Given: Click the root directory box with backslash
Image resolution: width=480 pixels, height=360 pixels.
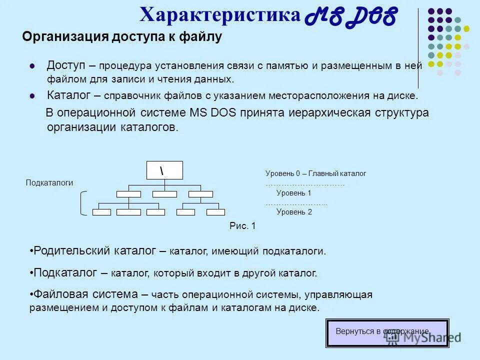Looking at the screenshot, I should pyautogui.click(x=164, y=170).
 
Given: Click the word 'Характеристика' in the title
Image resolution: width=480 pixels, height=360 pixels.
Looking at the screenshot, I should pyautogui.click(x=220, y=14).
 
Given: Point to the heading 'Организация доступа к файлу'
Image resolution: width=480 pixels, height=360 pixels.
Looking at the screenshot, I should pyautogui.click(x=121, y=37).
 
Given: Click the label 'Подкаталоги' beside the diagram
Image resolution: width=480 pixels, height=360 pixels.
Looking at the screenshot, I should pyautogui.click(x=49, y=183).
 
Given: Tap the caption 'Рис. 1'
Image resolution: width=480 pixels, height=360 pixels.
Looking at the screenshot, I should pyautogui.click(x=242, y=226).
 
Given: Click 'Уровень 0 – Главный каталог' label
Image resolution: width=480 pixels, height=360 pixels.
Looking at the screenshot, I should pyautogui.click(x=315, y=173).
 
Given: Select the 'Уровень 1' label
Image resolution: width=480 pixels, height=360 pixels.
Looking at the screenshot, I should pyautogui.click(x=293, y=193).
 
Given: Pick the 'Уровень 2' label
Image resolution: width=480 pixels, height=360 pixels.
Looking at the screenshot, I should pyautogui.click(x=294, y=212).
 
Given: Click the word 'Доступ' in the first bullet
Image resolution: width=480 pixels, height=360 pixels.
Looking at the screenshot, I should pyautogui.click(x=66, y=65).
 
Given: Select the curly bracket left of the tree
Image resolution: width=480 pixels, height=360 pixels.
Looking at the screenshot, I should pyautogui.click(x=83, y=203).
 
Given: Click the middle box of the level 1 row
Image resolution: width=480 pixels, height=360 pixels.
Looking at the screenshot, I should pyautogui.click(x=164, y=194).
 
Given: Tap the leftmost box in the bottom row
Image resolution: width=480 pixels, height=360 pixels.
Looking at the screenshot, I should pyautogui.click(x=101, y=212).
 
